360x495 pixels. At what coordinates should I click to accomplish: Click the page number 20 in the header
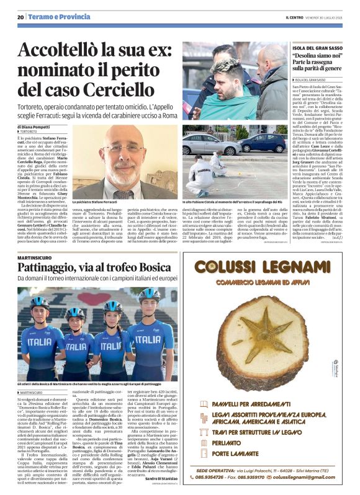click(20, 17)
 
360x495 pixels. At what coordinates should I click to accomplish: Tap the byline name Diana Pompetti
click(39, 126)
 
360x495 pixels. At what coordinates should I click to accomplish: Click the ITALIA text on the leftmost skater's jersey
click(42, 340)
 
